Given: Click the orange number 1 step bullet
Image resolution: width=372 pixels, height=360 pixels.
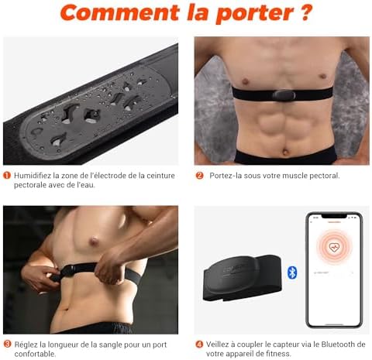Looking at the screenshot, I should (7, 176).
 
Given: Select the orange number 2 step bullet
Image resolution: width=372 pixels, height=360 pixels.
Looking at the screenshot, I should (199, 176).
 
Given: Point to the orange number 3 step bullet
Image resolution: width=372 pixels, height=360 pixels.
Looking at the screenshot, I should (7, 344).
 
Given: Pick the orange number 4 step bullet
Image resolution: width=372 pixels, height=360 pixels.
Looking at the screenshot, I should (199, 344).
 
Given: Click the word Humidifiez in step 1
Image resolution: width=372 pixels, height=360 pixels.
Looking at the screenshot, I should (35, 176).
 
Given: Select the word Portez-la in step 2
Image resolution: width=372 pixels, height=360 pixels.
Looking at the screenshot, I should (227, 176).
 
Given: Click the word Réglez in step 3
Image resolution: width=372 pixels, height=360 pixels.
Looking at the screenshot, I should (28, 344).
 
